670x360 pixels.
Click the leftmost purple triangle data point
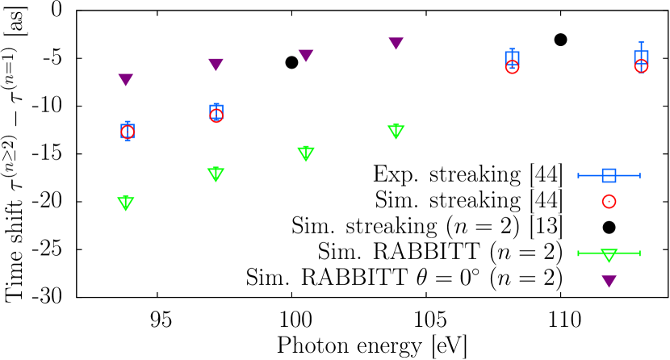tap(126, 79)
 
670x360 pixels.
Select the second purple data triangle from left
tap(216, 64)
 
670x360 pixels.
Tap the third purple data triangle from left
tap(306, 55)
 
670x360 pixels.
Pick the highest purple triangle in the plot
tap(396, 43)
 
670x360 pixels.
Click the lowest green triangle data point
tap(126, 203)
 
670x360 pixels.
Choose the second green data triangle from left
tap(216, 174)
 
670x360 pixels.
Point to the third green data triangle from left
tap(306, 153)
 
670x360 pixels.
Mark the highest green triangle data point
tap(396, 131)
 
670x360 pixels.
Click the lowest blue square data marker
tap(128, 131)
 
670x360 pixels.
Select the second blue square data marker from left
tap(216, 111)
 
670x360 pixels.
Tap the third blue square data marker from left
tap(512, 58)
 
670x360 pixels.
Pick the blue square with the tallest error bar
tap(641, 57)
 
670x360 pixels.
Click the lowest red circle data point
tap(128, 132)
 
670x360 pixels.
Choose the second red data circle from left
tap(216, 115)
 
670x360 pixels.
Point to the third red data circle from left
tap(512, 67)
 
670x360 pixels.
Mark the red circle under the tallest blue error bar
tap(641, 66)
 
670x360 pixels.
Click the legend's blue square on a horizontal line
tap(609, 175)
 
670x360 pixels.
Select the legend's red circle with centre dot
tap(609, 201)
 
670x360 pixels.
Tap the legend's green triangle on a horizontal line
tap(609, 254)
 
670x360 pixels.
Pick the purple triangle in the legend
tap(609, 280)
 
